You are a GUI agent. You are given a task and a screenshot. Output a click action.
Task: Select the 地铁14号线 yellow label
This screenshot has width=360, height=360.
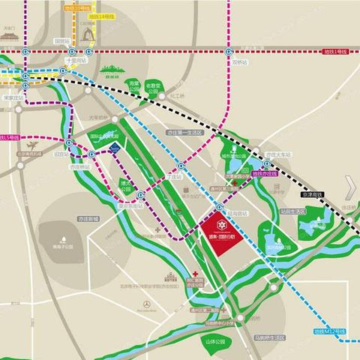pos(100,15)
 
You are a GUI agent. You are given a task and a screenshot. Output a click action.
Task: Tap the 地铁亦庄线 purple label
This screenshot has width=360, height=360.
pos(265,173)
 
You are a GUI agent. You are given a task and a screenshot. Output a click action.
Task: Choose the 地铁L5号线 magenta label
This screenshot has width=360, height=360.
pos(10,138)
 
